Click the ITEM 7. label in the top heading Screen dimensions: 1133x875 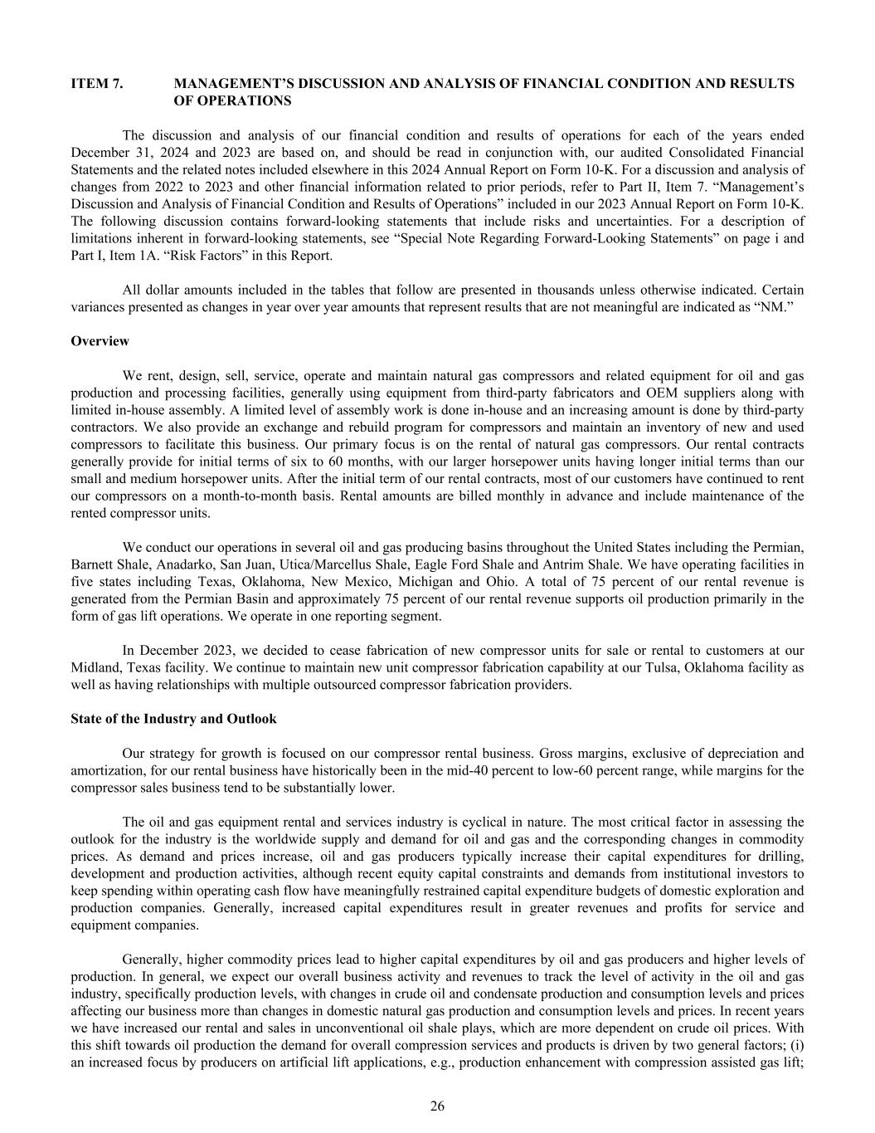[97, 84]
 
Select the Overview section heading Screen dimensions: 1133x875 [100, 341]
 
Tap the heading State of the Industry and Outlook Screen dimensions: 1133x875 [173, 719]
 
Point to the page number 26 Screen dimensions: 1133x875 [437, 1106]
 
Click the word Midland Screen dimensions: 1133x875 [93, 667]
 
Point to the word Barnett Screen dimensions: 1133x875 [92, 564]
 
